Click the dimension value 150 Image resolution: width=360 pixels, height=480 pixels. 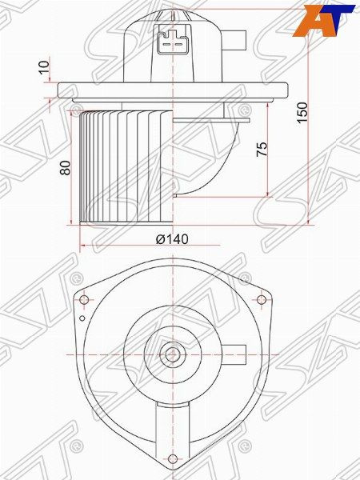(x=301, y=110)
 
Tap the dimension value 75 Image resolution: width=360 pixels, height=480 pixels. (x=262, y=149)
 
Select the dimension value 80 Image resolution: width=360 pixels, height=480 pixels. (x=66, y=167)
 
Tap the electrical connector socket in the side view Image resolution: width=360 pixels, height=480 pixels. (x=171, y=39)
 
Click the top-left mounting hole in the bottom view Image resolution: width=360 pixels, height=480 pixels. (x=82, y=300)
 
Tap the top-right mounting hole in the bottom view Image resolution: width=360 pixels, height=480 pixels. (x=262, y=300)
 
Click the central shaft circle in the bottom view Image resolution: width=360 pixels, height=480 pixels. (x=171, y=354)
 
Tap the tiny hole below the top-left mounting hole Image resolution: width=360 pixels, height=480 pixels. (x=83, y=318)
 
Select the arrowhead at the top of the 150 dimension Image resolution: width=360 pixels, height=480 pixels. (x=308, y=13)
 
